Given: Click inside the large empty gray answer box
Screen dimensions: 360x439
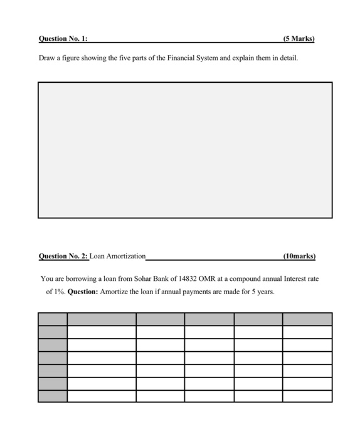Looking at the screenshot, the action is (x=185, y=151).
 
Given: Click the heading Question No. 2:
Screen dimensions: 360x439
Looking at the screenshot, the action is (x=63, y=256).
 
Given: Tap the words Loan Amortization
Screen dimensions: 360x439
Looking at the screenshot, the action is (x=117, y=256).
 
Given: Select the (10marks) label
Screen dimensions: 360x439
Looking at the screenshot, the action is (x=299, y=256).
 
